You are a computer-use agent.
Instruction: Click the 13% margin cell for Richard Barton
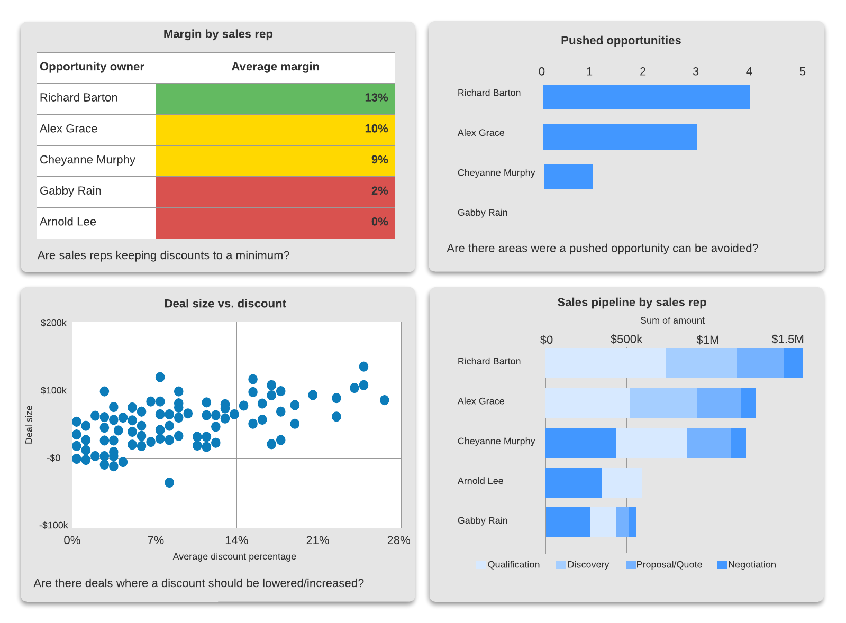[x=275, y=98]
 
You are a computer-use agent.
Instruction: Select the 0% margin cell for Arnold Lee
[x=275, y=223]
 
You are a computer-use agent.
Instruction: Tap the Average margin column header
[x=275, y=67]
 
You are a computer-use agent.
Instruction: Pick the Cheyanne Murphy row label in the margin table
[x=88, y=160]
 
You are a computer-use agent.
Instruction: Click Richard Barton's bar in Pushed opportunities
[x=646, y=97]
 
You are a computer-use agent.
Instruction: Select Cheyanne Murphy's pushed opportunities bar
[x=568, y=177]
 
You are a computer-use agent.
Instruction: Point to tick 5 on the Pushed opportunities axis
[x=802, y=71]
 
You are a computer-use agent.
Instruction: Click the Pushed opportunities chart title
[x=621, y=41]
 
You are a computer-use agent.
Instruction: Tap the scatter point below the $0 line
[x=169, y=482]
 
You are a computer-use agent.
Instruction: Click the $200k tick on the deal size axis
[x=53, y=323]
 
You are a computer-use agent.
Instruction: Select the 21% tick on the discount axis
[x=317, y=540]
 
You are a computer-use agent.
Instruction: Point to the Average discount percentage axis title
[x=234, y=556]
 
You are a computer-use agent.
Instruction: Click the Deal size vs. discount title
[x=225, y=304]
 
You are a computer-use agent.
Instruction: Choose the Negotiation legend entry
[x=747, y=565]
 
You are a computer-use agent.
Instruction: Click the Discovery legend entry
[x=583, y=565]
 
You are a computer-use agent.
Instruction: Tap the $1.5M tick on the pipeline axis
[x=787, y=340]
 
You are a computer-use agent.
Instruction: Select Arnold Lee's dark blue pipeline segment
[x=574, y=482]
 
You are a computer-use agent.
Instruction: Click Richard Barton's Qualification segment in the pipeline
[x=605, y=363]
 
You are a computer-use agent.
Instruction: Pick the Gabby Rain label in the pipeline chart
[x=483, y=521]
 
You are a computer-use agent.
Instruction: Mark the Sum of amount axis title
[x=672, y=320]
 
